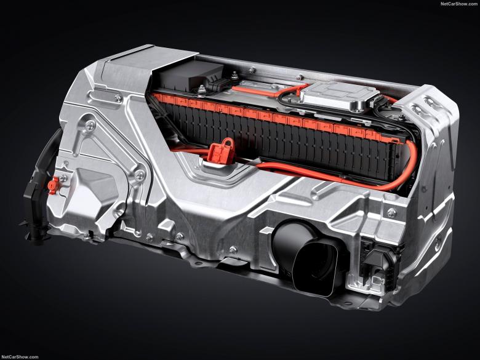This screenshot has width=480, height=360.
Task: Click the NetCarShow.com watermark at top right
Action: pos(458,4)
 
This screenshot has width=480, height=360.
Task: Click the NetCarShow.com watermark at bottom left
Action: pos(20,357)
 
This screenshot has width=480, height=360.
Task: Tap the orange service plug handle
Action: pos(221,151)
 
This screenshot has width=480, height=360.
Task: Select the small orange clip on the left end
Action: pos(53,185)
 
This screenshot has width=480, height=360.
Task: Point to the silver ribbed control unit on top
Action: pos(339,95)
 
